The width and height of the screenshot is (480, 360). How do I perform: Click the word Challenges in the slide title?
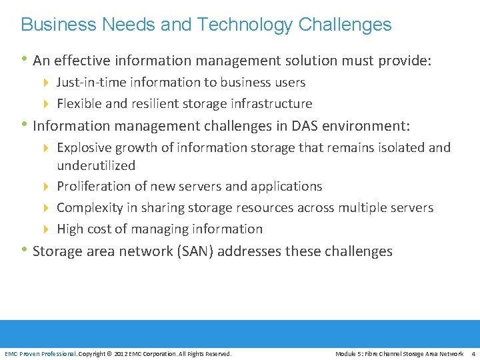click(345, 25)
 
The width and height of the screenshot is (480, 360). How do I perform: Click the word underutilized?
click(96, 165)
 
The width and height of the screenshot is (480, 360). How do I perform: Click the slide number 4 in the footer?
click(473, 353)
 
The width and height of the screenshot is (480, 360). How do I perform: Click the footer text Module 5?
click(348, 353)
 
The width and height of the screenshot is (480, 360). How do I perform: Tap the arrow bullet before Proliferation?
click(45, 187)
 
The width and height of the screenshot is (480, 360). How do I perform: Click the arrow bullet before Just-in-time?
click(45, 83)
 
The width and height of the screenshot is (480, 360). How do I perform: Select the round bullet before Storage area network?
click(25, 251)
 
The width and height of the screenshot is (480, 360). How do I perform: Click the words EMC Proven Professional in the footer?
click(41, 353)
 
